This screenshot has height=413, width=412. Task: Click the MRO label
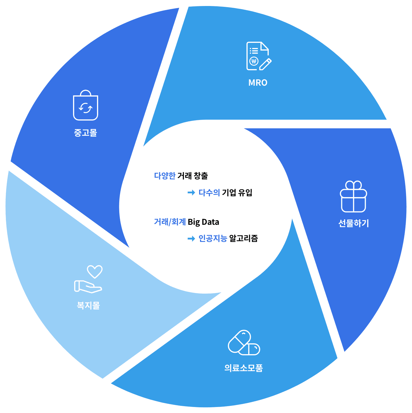[x=258, y=83]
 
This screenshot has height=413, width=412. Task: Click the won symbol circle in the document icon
[x=254, y=61]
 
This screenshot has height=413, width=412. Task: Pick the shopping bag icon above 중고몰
[x=85, y=105]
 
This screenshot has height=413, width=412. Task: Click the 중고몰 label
[x=85, y=133]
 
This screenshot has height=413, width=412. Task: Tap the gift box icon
[x=353, y=196]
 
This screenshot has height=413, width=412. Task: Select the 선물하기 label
[x=353, y=223]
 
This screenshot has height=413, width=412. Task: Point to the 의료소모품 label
[x=243, y=368]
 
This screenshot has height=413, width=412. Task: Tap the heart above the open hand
[x=95, y=272]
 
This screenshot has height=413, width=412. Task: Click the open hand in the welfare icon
[x=88, y=286]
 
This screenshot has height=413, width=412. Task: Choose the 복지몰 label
[x=88, y=305]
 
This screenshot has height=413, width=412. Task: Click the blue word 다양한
[x=165, y=176]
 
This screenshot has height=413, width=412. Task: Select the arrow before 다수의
[x=191, y=193]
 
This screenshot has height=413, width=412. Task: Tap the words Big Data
[x=203, y=222]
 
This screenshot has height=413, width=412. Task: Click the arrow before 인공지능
[x=191, y=238]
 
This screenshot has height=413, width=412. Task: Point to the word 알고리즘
[x=243, y=238]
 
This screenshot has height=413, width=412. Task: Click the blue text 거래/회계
[x=170, y=222]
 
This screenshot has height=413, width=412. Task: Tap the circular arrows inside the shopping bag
[x=85, y=108]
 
